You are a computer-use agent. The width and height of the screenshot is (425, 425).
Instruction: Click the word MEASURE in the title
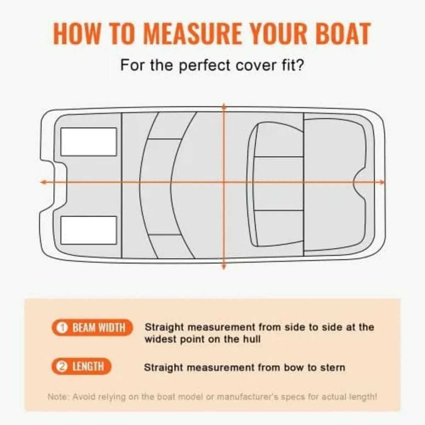pos(192,34)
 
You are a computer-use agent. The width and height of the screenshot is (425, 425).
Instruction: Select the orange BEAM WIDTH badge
pos(92,328)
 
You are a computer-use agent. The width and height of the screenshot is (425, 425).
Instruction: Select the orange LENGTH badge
pos(81,367)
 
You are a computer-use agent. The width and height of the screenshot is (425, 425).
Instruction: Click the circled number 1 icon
pos(62,328)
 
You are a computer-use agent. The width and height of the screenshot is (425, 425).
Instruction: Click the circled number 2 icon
pos(62,367)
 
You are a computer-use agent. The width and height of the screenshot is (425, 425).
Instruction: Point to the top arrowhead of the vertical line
pos(223,106)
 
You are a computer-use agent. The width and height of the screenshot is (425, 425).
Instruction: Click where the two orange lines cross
pos(223,182)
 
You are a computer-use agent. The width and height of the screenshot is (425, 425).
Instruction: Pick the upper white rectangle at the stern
pos(89,142)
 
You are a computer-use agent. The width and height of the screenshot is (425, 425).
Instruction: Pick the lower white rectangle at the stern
pos(89,230)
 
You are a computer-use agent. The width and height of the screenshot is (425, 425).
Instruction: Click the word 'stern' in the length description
pos(333,368)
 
